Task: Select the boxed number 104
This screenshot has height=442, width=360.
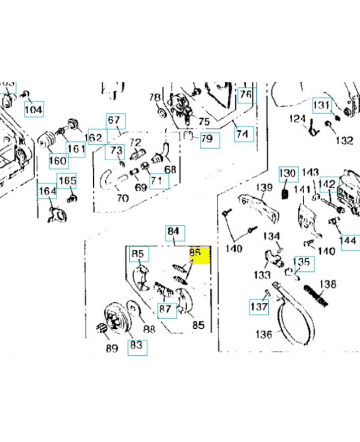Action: pyautogui.click(x=34, y=109)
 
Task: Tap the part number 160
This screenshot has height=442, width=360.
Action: pyautogui.click(x=58, y=161)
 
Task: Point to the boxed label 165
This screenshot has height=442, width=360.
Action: pyautogui.click(x=67, y=181)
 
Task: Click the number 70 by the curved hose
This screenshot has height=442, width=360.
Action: pyautogui.click(x=123, y=197)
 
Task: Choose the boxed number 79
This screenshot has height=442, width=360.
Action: pyautogui.click(x=206, y=138)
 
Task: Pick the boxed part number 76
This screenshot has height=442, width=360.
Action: pyautogui.click(x=245, y=94)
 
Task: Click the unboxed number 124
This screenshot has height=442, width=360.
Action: pyautogui.click(x=298, y=119)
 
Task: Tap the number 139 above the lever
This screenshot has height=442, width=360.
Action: pyautogui.click(x=266, y=188)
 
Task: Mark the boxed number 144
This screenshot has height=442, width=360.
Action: pyautogui.click(x=348, y=240)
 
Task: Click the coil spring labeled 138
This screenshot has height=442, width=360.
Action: pyautogui.click(x=316, y=294)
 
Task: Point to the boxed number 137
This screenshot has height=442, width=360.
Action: pyautogui.click(x=259, y=306)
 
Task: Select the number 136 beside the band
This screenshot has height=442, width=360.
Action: pyautogui.click(x=264, y=334)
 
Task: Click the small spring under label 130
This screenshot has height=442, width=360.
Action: pyautogui.click(x=286, y=194)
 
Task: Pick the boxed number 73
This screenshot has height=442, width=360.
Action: pyautogui.click(x=115, y=150)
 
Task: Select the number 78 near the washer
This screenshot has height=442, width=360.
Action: pyautogui.click(x=155, y=98)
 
